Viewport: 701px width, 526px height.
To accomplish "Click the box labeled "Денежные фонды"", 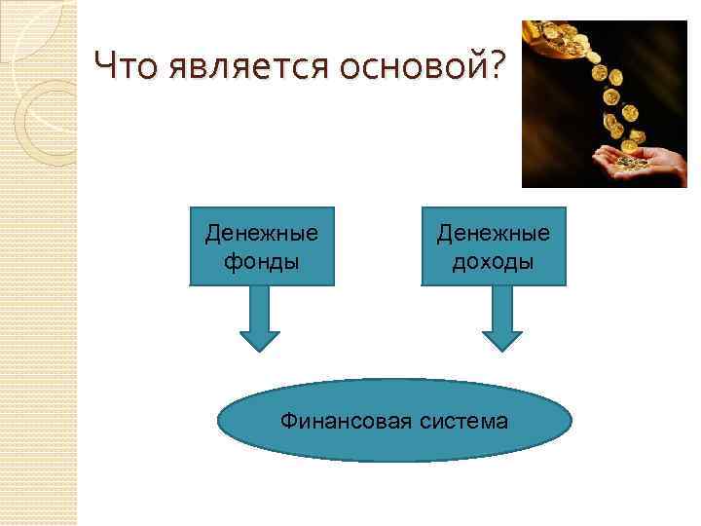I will pyautogui.click(x=262, y=245).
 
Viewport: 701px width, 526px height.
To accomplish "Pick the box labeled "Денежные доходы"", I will pyautogui.click(x=493, y=245).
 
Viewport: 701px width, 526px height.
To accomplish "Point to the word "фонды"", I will pyautogui.click(x=262, y=261).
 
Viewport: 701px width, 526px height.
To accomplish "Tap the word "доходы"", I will pyautogui.click(x=493, y=261).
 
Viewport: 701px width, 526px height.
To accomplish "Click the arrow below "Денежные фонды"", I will pyautogui.click(x=260, y=318).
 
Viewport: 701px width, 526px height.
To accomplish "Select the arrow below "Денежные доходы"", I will pyautogui.click(x=502, y=318).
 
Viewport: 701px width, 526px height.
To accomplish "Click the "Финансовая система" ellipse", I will pyautogui.click(x=393, y=420).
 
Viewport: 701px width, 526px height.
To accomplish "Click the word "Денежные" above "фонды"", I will pyautogui.click(x=262, y=234).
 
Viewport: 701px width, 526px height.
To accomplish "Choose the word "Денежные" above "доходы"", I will pyautogui.click(x=493, y=234).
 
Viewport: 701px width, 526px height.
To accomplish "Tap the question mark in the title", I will pyautogui.click(x=497, y=67).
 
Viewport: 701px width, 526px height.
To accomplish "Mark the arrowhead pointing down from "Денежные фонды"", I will pyautogui.click(x=260, y=341).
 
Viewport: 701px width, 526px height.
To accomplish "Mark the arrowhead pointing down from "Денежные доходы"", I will pyautogui.click(x=502, y=341).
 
